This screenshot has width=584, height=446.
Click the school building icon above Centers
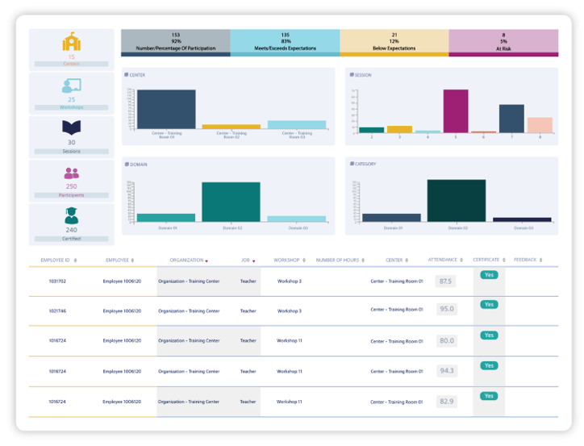[x=71, y=43]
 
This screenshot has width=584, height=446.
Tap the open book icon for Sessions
[x=71, y=128]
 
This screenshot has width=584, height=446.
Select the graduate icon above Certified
[x=71, y=215]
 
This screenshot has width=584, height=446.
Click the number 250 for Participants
[x=71, y=186]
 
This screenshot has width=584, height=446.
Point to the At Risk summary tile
[x=503, y=42]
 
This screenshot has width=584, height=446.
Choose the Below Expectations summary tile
[x=394, y=42]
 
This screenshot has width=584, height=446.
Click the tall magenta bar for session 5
[x=456, y=110]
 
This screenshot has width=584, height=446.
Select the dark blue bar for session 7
[x=511, y=119]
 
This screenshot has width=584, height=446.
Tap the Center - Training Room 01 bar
[x=166, y=110]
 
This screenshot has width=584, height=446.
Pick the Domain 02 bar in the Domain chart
[x=231, y=202]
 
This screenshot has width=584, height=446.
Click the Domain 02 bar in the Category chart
[x=456, y=200]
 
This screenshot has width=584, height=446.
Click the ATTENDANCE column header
[x=444, y=260]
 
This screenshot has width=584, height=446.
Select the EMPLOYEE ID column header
[x=56, y=260]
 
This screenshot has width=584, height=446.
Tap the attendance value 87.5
[x=445, y=281]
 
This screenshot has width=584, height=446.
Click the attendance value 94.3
[x=446, y=371]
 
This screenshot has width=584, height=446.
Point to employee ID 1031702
[x=57, y=281]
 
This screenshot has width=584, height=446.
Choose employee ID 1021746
[x=57, y=311]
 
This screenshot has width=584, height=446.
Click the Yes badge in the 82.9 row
[x=489, y=396]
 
